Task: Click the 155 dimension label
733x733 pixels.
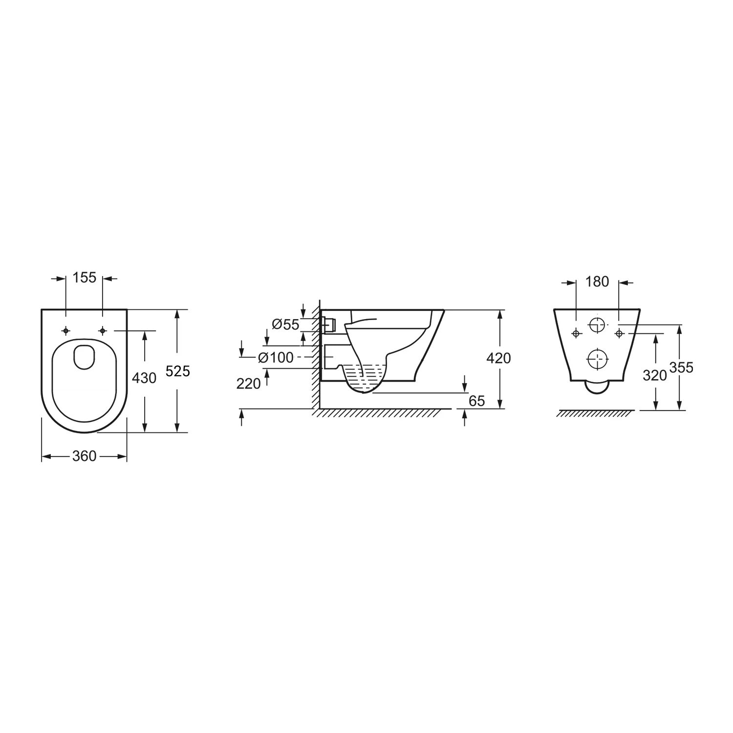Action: tap(84, 278)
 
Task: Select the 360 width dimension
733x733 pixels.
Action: tap(84, 456)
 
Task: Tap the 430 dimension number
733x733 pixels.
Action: tap(145, 378)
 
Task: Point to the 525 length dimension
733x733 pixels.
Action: tap(177, 371)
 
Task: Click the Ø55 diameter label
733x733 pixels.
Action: tap(285, 324)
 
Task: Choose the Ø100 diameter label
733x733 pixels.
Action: tap(276, 358)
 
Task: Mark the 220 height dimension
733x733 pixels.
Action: tap(249, 384)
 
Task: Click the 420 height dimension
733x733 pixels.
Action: tap(499, 358)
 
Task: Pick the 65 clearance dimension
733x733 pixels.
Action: tap(476, 401)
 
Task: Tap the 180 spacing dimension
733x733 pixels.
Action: tap(597, 282)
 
